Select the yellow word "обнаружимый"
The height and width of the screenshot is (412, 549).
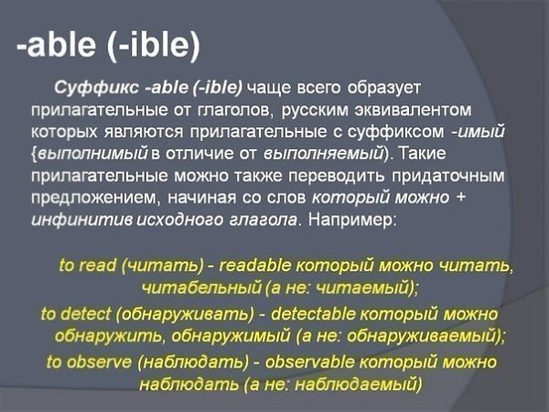click(x=241, y=335)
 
